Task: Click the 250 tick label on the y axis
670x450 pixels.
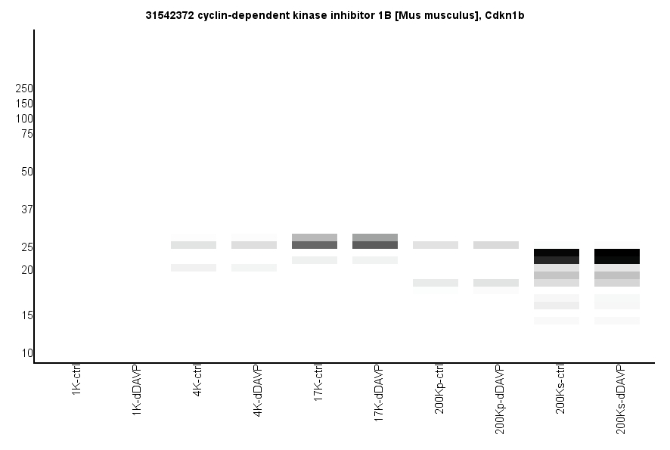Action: point(24,88)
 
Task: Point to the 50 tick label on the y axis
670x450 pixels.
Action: point(26,172)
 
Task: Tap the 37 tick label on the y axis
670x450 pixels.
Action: point(26,209)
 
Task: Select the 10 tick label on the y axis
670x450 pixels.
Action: point(26,353)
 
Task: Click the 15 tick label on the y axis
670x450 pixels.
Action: point(26,315)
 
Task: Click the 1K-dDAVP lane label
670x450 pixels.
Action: point(137,389)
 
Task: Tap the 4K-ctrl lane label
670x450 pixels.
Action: point(197,382)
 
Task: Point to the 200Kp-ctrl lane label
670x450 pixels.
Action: point(439,389)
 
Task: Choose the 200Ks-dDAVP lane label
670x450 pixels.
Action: point(621,399)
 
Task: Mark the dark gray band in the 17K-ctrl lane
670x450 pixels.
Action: point(315,245)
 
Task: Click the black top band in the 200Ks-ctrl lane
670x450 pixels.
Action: point(557,253)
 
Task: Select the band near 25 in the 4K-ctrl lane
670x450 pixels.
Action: point(194,245)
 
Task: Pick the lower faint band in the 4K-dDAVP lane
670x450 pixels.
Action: point(254,268)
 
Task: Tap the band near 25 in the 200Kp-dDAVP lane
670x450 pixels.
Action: point(496,245)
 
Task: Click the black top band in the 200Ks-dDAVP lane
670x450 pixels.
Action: point(617,253)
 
